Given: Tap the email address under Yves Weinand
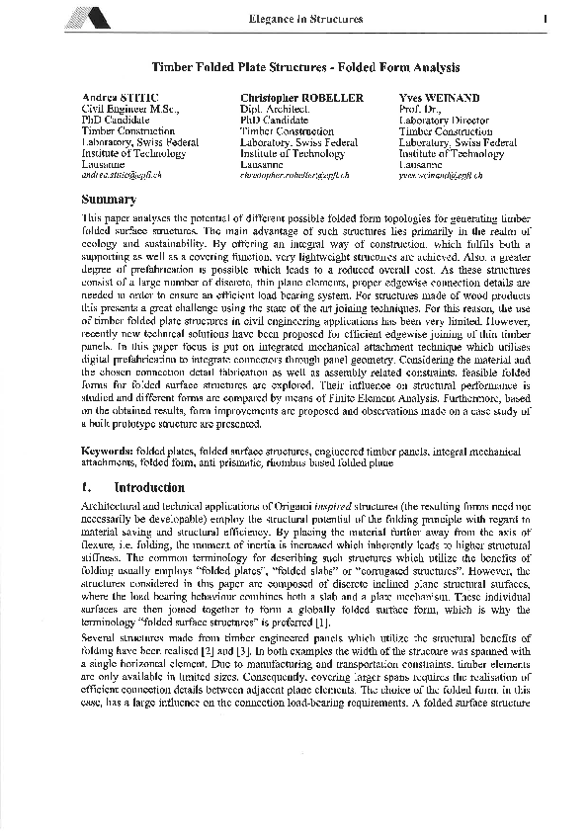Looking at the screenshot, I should (441, 175).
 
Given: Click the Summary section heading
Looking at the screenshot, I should (108, 199).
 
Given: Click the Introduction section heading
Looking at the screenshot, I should (148, 487).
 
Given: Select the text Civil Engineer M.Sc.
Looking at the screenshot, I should (128, 109).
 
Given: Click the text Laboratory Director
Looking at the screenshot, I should (444, 120).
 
